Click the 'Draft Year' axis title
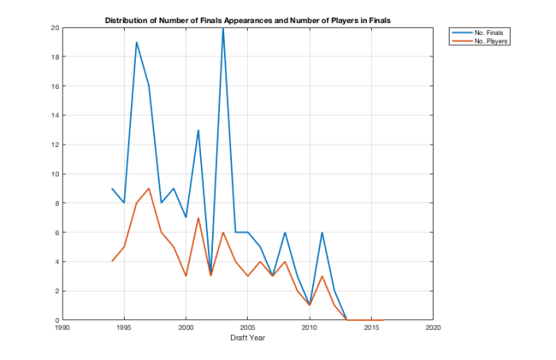(x=247, y=338)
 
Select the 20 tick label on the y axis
(x=54, y=28)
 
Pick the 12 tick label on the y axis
(x=54, y=145)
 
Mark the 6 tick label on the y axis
(x=56, y=232)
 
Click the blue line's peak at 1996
(x=137, y=42)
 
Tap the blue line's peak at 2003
(x=223, y=28)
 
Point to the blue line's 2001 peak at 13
(x=199, y=130)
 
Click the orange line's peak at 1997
(x=149, y=188)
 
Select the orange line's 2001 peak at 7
(x=199, y=218)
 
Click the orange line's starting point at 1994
(x=112, y=261)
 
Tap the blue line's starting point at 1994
(x=112, y=188)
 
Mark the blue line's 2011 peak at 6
(x=322, y=232)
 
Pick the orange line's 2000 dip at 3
(x=186, y=276)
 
